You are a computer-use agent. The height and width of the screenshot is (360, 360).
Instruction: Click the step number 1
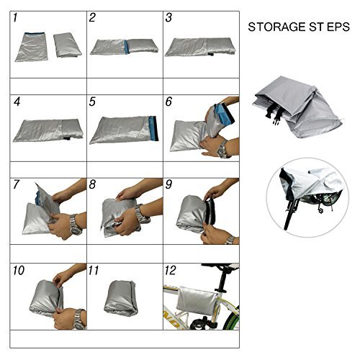pos(15,18)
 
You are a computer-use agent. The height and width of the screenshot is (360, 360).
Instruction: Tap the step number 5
pos(92,102)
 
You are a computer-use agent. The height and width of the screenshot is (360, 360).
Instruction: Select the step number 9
pos(168,184)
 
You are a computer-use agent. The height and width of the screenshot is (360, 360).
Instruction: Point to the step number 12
pos(171,271)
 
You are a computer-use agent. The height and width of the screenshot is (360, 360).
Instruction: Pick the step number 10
pos(19,271)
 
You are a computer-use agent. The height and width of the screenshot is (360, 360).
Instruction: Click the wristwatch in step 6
pos(222,149)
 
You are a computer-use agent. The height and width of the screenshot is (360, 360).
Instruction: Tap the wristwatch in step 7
pos(76,225)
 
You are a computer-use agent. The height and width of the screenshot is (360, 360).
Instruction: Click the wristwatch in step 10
pos(79,319)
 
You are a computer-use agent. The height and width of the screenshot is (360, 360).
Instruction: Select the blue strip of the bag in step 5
pos(153,128)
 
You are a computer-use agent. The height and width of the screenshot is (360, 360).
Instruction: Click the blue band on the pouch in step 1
pos(35,34)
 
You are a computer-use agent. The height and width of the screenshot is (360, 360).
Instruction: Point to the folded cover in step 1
pos(68,45)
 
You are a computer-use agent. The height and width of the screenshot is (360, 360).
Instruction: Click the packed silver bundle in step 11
pos(121,298)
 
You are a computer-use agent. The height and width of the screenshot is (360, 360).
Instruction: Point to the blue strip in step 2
pos(127,47)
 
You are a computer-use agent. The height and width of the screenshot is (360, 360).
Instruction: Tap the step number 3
pos(168,18)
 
